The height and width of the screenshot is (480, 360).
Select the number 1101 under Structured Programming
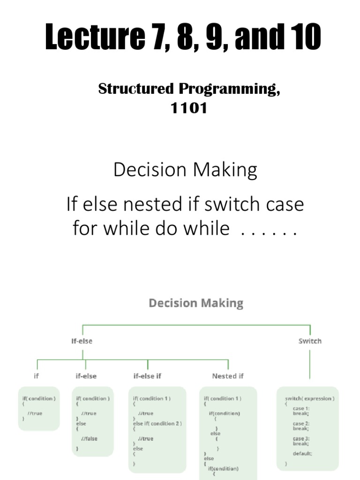coord(189,108)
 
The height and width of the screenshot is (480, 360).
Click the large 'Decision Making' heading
coord(185,170)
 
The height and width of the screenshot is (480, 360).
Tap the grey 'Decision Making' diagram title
coord(196,303)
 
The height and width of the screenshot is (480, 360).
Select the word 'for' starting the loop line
coord(83,228)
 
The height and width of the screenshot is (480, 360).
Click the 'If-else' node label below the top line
coord(82,341)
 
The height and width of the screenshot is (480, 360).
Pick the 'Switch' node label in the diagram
coord(310,341)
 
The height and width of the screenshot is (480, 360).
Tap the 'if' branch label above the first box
coord(37,375)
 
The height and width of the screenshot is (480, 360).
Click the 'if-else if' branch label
coord(148,375)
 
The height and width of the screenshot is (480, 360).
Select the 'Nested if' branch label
coord(228,375)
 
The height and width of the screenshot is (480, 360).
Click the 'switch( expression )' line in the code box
coord(309,398)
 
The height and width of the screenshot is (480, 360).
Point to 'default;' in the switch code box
coord(302,453)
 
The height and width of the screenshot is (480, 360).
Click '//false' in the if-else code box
coord(89,438)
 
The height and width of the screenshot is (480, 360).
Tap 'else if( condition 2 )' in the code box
coord(157,423)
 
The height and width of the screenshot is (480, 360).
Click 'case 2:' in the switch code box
coord(301,423)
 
